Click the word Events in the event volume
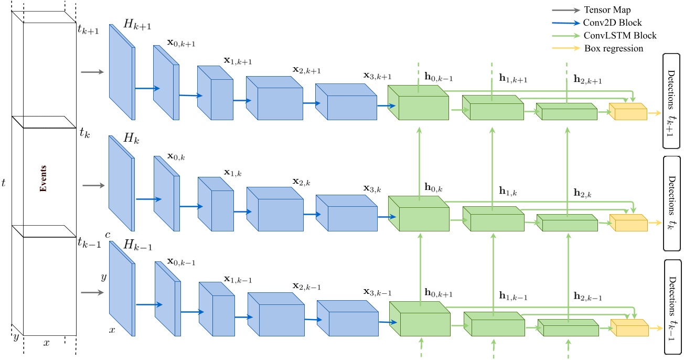click(44, 179)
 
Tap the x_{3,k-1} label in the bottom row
click(377, 292)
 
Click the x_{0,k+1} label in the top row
click(181, 43)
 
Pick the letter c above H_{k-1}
click(107, 235)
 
